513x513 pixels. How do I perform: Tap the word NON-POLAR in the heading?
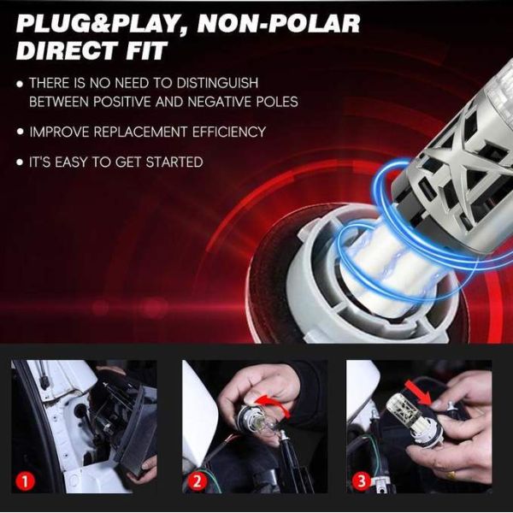pyautogui.click(x=279, y=24)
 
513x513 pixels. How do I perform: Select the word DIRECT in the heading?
pyautogui.click(x=67, y=51)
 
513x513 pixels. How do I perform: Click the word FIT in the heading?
pyautogui.click(x=145, y=51)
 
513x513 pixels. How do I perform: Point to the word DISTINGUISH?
pyautogui.click(x=217, y=83)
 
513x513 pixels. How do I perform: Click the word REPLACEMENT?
pyautogui.click(x=140, y=132)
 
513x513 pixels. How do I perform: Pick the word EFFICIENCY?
pyautogui.click(x=229, y=132)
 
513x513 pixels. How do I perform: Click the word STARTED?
pyautogui.click(x=174, y=162)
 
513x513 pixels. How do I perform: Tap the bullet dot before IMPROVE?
pyautogui.click(x=21, y=132)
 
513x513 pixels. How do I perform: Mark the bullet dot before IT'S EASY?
pyautogui.click(x=21, y=162)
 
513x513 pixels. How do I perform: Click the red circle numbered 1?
pyautogui.click(x=25, y=481)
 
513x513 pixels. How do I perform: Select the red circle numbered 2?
pyautogui.click(x=197, y=481)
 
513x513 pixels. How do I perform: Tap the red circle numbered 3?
pyautogui.click(x=361, y=481)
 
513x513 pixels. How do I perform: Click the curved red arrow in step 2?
pyautogui.click(x=274, y=404)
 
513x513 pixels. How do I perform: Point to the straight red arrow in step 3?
pyautogui.click(x=418, y=392)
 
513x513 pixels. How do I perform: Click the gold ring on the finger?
pyautogui.click(x=451, y=475)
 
